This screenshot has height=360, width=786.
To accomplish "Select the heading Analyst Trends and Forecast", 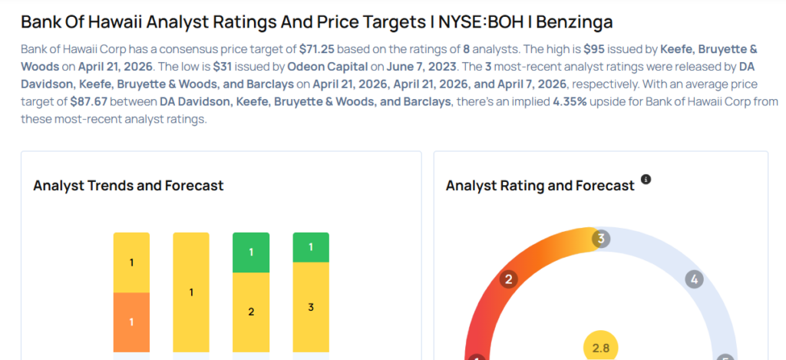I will click(x=128, y=186).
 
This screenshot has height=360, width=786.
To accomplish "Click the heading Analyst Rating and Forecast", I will click(x=540, y=186).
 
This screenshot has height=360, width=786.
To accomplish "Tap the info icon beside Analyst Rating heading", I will click(x=646, y=180).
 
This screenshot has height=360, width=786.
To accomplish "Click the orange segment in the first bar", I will click(x=131, y=322).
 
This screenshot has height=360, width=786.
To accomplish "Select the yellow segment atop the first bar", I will click(x=131, y=263).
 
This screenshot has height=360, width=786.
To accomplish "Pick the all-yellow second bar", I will click(x=191, y=292).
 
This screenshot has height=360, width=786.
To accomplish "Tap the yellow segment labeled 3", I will click(x=311, y=307).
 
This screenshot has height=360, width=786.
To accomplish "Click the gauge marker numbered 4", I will click(x=694, y=279).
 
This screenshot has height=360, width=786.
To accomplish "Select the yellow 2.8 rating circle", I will click(x=601, y=348).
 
